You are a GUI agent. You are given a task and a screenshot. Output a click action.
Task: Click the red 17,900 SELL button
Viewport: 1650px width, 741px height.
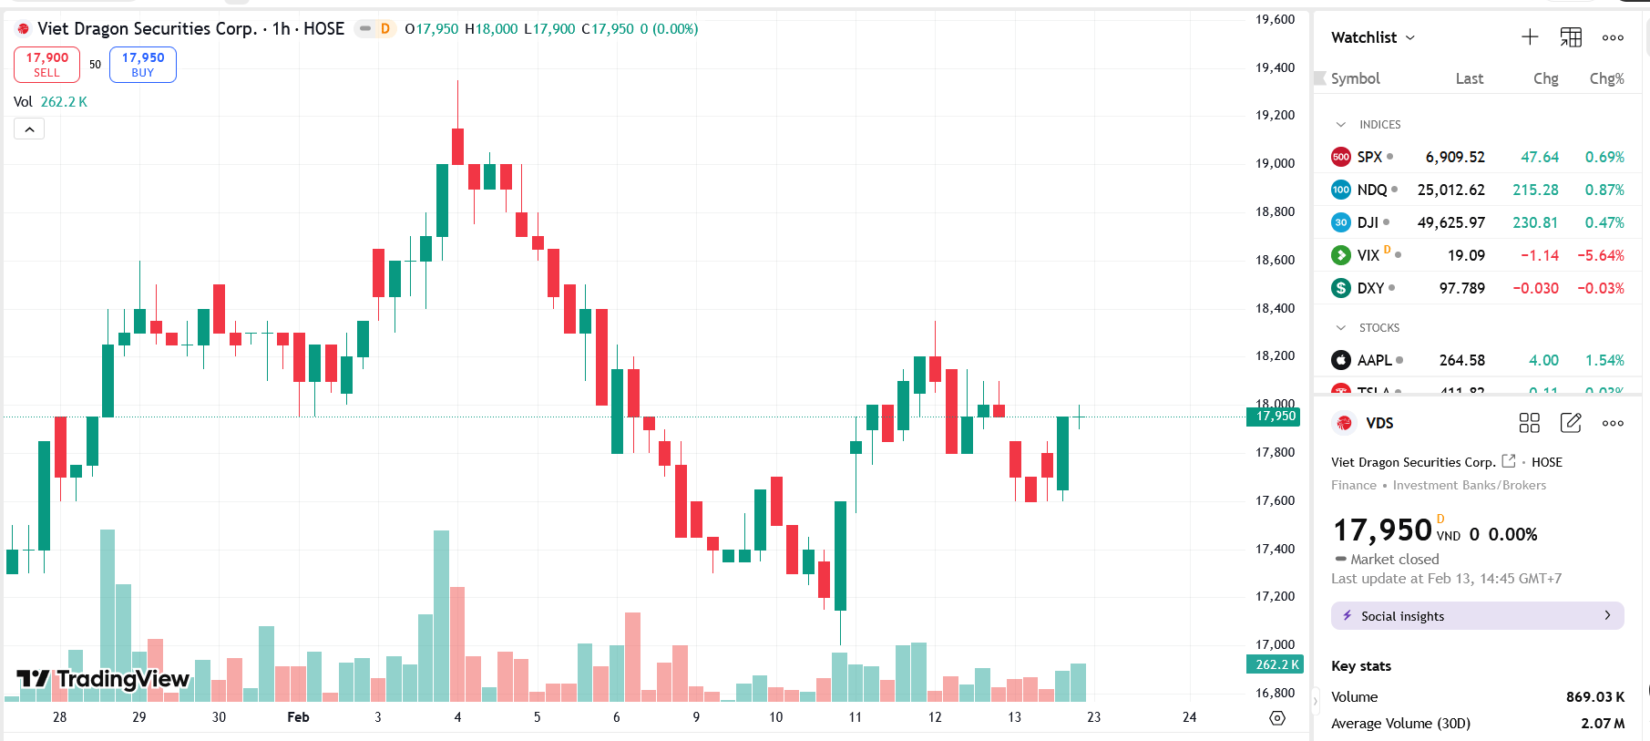coord(46,65)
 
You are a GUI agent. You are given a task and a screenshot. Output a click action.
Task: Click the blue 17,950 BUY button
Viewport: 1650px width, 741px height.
coord(143,65)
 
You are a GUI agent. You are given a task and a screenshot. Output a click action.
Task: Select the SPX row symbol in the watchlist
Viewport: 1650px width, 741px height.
coord(1368,157)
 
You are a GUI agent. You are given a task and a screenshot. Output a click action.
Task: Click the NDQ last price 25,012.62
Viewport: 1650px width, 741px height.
coord(1450,190)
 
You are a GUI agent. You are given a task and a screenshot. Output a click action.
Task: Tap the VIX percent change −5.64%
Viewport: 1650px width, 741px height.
coord(1600,255)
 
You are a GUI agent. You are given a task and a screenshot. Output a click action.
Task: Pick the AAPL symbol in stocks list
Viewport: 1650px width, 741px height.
coord(1374,360)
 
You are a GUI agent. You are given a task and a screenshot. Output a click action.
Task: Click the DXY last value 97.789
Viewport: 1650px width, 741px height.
coord(1461,288)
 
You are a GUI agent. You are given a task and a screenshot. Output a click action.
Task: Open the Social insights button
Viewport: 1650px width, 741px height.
coord(1476,616)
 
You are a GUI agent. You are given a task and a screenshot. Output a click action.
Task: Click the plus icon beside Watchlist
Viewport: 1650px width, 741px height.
coord(1530,37)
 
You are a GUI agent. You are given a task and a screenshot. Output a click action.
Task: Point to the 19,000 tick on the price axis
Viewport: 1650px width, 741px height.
coord(1275,163)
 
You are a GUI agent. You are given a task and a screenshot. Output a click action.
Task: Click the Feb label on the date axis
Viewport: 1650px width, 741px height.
coord(298,717)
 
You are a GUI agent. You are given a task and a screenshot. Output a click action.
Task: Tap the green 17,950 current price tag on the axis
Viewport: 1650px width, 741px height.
coord(1275,417)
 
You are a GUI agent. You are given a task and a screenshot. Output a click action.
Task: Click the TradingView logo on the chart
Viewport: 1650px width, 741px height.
coord(103,679)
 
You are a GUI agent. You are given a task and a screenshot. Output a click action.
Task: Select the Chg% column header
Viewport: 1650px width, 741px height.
coord(1606,78)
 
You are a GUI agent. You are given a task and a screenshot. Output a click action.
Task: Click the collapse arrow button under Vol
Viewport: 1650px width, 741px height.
coord(29,129)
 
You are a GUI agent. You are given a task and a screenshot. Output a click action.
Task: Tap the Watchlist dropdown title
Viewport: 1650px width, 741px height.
coord(1372,37)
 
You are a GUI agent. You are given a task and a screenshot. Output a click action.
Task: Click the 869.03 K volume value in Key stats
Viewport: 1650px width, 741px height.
coord(1594,696)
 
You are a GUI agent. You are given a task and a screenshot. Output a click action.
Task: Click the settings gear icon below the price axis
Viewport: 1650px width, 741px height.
coord(1277,718)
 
